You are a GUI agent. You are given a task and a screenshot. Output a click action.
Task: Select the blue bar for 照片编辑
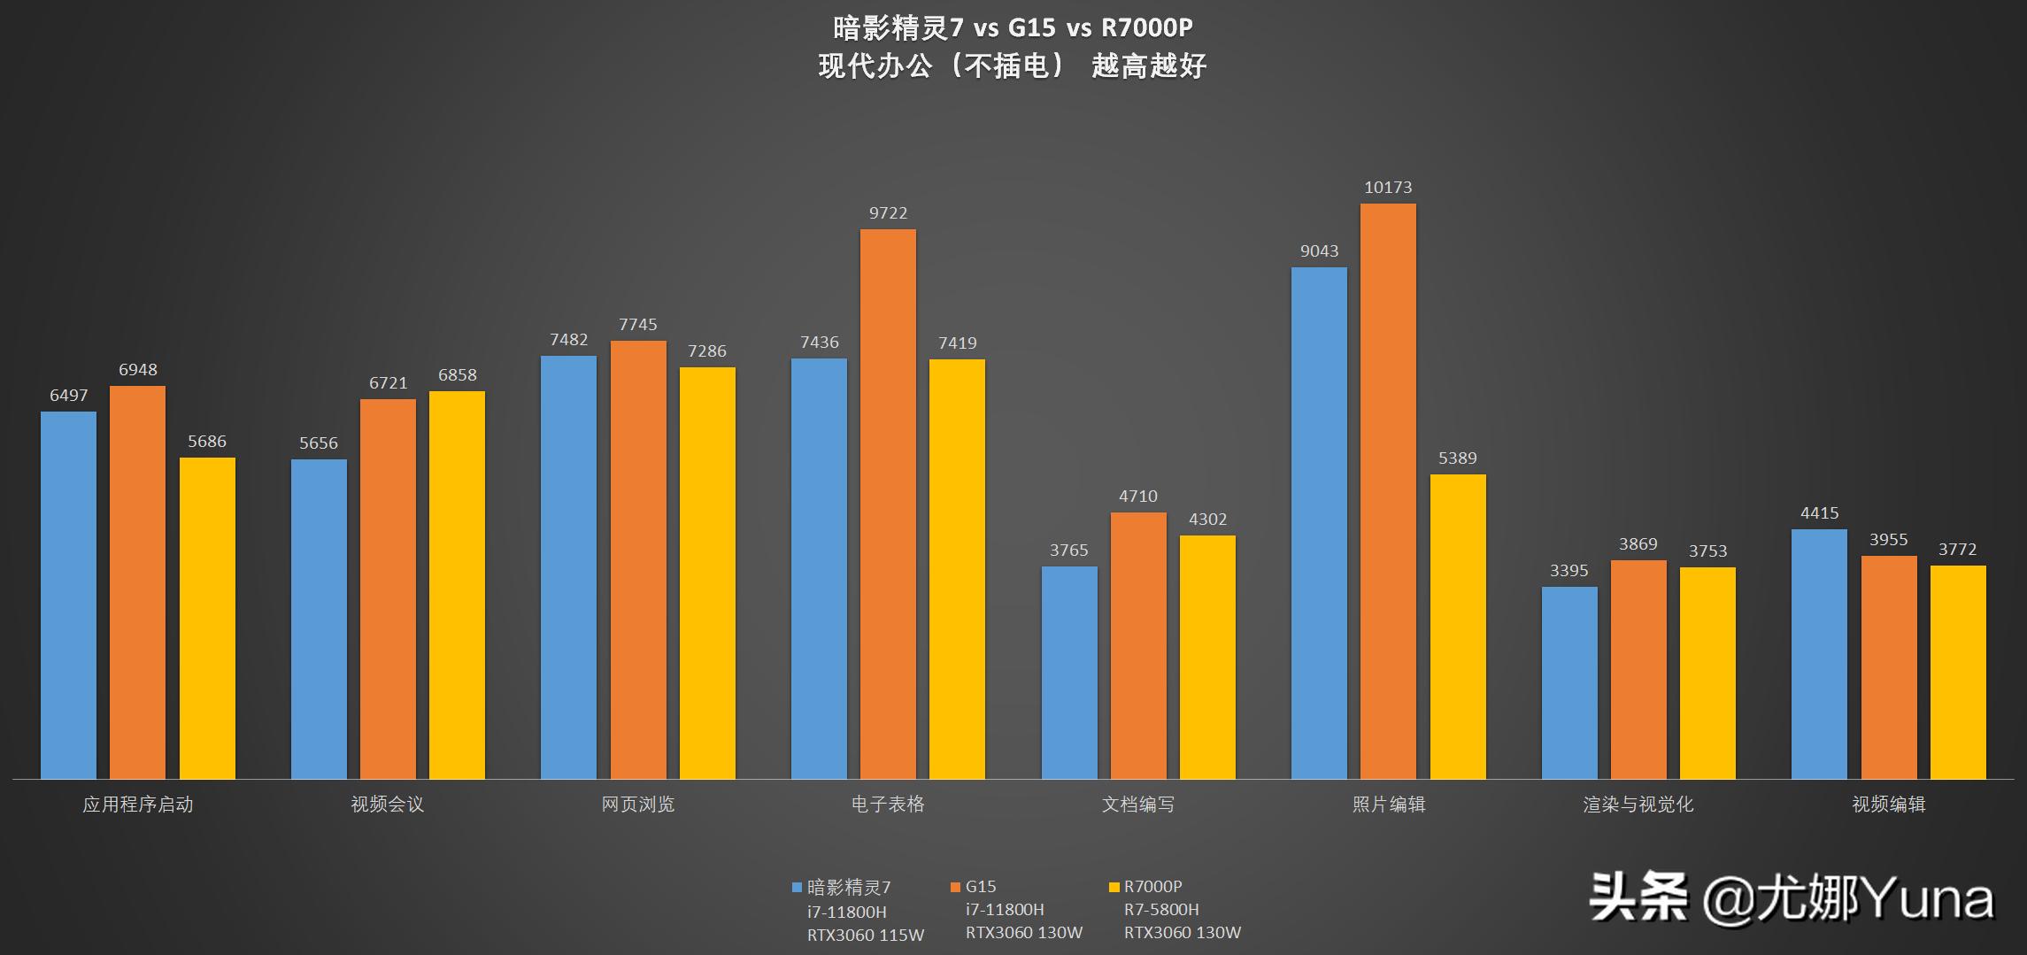[1319, 523]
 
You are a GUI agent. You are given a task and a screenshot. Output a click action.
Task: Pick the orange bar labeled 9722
[888, 504]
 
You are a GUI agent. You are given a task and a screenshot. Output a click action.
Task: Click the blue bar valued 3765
[1069, 673]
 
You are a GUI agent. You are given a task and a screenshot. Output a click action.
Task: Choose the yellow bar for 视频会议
[457, 585]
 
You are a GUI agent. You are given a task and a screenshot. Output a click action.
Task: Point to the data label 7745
[638, 325]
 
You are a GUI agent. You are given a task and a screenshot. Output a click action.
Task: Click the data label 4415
[1819, 513]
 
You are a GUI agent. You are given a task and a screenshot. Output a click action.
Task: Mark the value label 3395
[1568, 571]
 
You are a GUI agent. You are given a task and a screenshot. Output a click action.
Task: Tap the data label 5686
[207, 442]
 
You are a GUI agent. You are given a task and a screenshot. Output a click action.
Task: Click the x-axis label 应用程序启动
[137, 805]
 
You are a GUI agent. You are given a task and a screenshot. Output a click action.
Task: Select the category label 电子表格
[888, 805]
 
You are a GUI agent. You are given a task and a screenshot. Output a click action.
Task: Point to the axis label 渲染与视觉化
[1638, 805]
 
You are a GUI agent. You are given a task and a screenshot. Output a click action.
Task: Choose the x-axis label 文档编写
[1137, 805]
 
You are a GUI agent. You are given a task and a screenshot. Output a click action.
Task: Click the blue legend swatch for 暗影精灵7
[797, 887]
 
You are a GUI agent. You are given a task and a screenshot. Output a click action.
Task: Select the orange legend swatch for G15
[955, 887]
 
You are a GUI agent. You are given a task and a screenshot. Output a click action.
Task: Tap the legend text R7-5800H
[1161, 910]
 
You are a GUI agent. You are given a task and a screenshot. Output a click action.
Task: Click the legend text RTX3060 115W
[865, 936]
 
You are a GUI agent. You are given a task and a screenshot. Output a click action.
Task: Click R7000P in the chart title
[1146, 28]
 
